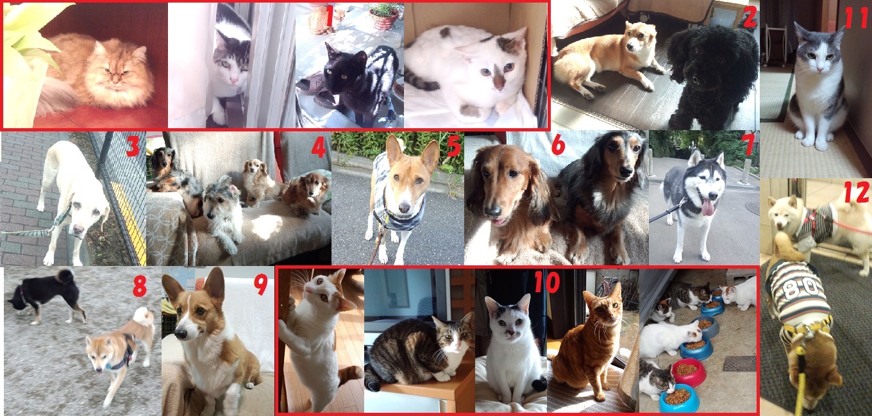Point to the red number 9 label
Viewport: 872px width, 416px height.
click(260, 285)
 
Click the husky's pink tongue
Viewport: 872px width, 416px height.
click(708, 208)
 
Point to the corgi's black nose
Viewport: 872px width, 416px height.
click(180, 334)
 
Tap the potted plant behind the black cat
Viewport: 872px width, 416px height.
click(383, 17)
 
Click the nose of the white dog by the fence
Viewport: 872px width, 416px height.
click(78, 229)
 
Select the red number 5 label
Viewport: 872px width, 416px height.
click(453, 146)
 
